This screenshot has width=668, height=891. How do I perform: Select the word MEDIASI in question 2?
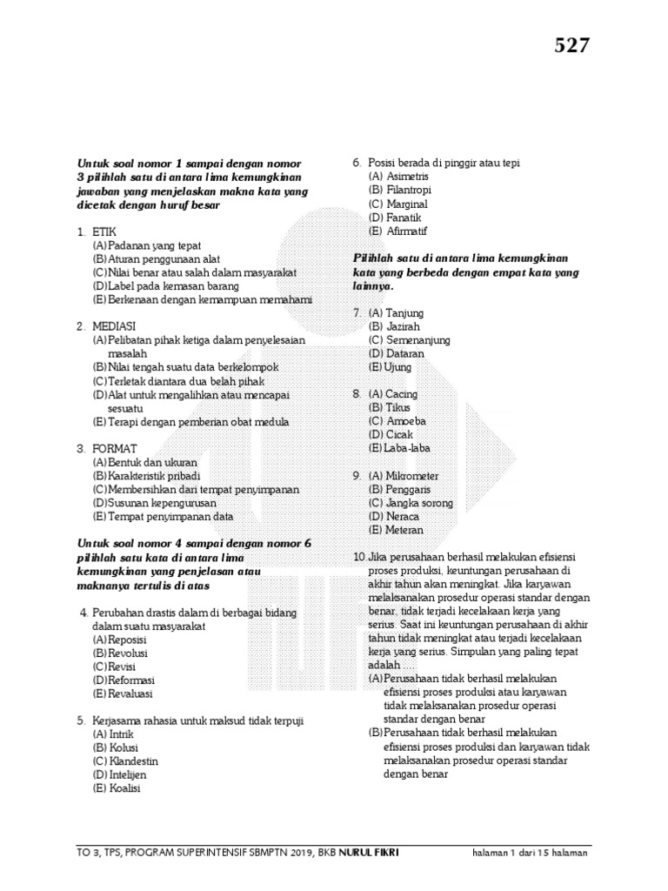click(112, 326)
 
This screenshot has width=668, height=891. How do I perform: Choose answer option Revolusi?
click(127, 653)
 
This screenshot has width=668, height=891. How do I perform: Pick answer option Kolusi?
click(124, 747)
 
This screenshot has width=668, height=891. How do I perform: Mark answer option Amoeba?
click(406, 421)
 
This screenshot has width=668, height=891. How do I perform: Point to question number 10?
click(358, 557)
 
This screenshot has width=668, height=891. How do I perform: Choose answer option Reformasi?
click(130, 680)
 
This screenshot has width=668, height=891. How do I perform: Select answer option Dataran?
click(405, 354)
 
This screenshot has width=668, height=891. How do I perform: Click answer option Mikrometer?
click(413, 476)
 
